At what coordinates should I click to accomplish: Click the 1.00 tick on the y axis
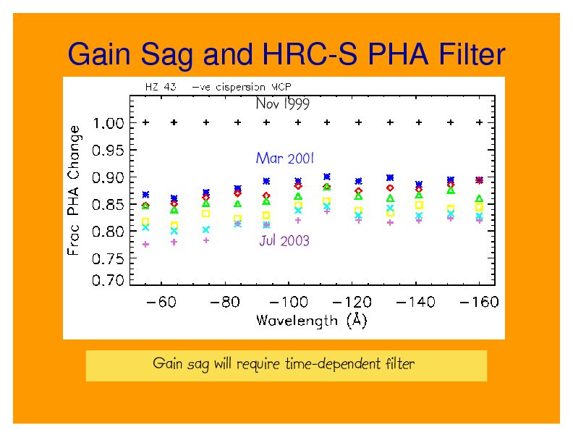click(110, 123)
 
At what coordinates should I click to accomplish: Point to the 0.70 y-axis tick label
click(110, 280)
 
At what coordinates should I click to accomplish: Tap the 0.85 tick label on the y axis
click(110, 205)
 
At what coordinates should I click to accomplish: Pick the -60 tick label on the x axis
click(161, 302)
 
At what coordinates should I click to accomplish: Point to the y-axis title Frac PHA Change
click(75, 190)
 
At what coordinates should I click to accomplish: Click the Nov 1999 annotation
click(283, 104)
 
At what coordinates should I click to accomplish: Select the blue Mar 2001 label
click(285, 158)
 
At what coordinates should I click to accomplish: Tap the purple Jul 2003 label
click(284, 241)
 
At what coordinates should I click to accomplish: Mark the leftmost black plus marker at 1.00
click(145, 123)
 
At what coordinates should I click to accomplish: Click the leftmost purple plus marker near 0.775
click(145, 245)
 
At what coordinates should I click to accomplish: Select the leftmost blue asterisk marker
click(145, 195)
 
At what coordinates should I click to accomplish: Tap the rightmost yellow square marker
click(479, 207)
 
